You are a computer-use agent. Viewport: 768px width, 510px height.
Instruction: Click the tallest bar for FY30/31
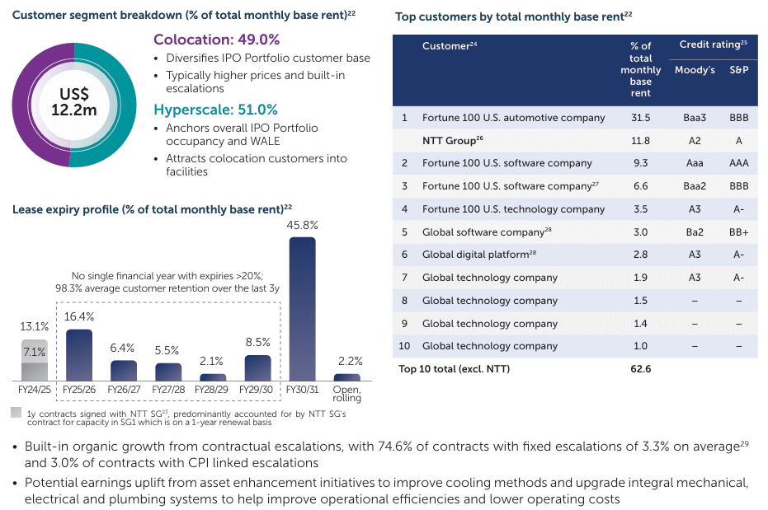pyautogui.click(x=302, y=309)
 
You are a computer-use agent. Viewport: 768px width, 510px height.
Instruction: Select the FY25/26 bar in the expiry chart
pyautogui.click(x=78, y=355)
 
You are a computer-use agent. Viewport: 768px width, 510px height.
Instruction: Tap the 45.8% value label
pyautogui.click(x=302, y=224)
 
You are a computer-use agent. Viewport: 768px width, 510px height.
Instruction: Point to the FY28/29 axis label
pyautogui.click(x=213, y=386)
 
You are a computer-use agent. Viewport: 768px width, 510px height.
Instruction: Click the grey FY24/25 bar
pyautogui.click(x=34, y=360)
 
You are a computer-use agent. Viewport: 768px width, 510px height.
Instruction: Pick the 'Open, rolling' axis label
pyautogui.click(x=347, y=392)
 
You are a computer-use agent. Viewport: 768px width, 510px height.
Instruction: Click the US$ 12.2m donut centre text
pyautogui.click(x=74, y=103)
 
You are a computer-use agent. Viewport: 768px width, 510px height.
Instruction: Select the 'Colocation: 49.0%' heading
pyautogui.click(x=216, y=40)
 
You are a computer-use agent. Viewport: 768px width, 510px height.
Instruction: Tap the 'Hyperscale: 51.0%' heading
pyautogui.click(x=215, y=110)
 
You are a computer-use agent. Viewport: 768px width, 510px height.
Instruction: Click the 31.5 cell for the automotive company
pyautogui.click(x=640, y=118)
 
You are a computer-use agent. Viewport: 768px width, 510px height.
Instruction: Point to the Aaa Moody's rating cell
pyautogui.click(x=695, y=163)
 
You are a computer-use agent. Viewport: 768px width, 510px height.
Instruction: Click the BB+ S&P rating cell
pyautogui.click(x=738, y=232)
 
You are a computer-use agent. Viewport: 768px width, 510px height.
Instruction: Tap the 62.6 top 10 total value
pyautogui.click(x=640, y=368)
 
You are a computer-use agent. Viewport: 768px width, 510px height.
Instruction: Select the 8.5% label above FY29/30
pyautogui.click(x=257, y=343)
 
